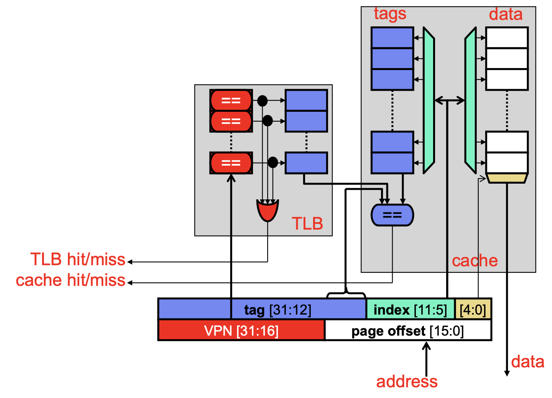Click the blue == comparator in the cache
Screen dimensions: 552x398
(392, 215)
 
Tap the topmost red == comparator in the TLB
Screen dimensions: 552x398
(231, 100)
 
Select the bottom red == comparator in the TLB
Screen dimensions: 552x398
(231, 163)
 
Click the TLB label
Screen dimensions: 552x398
(307, 223)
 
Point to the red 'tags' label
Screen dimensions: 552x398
(390, 14)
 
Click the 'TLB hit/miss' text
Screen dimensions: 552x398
(78, 259)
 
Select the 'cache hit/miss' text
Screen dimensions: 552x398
(71, 280)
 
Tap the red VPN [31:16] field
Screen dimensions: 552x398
(242, 331)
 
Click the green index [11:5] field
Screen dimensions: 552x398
(410, 310)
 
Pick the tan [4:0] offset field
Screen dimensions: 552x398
(473, 310)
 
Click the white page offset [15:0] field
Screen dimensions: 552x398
(408, 331)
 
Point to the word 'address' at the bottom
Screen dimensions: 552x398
(407, 382)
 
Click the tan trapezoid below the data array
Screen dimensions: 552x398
(507, 178)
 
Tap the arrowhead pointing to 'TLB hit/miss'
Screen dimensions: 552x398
(130, 262)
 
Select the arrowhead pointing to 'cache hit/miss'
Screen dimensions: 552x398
(130, 283)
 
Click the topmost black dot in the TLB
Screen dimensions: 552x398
(263, 101)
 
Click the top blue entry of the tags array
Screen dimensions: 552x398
(392, 37)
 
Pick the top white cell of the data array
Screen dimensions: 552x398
(507, 37)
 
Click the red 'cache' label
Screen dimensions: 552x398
(475, 261)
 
